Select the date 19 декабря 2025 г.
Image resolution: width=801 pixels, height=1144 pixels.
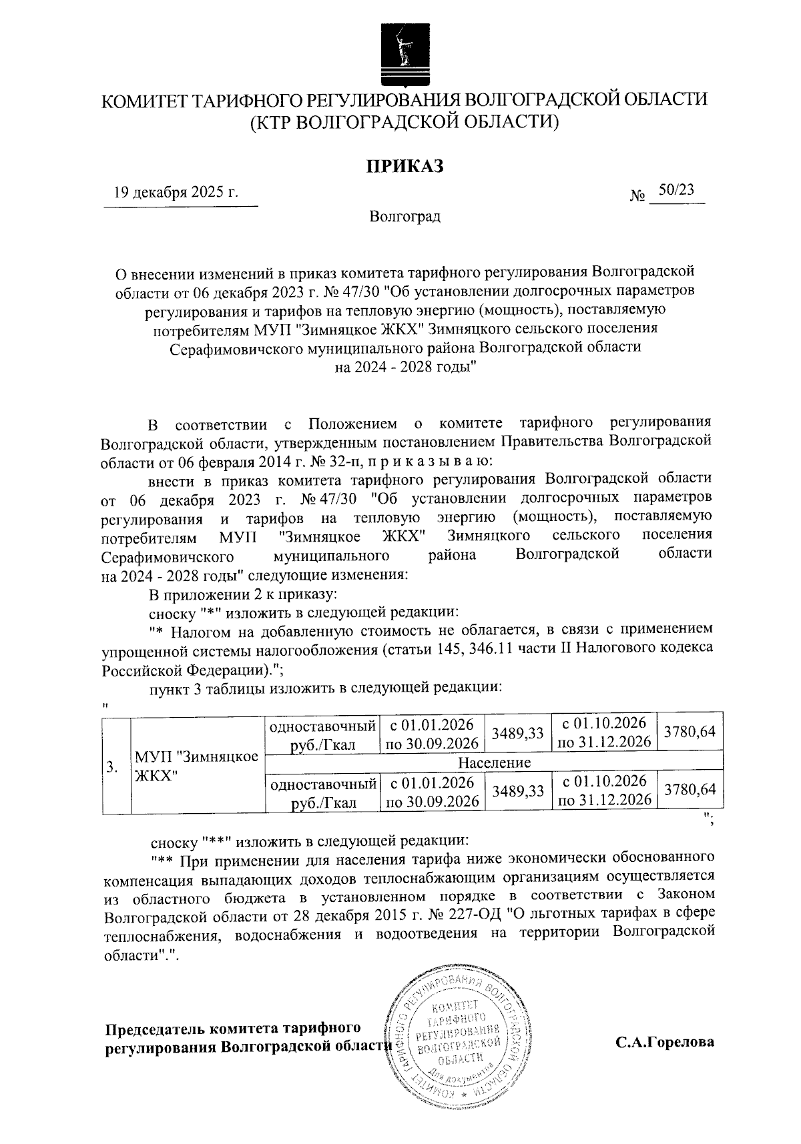coord(176,193)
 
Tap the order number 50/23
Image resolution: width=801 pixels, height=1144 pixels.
coord(676,190)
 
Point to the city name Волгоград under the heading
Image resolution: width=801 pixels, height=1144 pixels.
coord(405,217)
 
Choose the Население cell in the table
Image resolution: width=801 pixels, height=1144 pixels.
coord(494,762)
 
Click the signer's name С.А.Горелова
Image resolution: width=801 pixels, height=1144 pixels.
coord(664,1042)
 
